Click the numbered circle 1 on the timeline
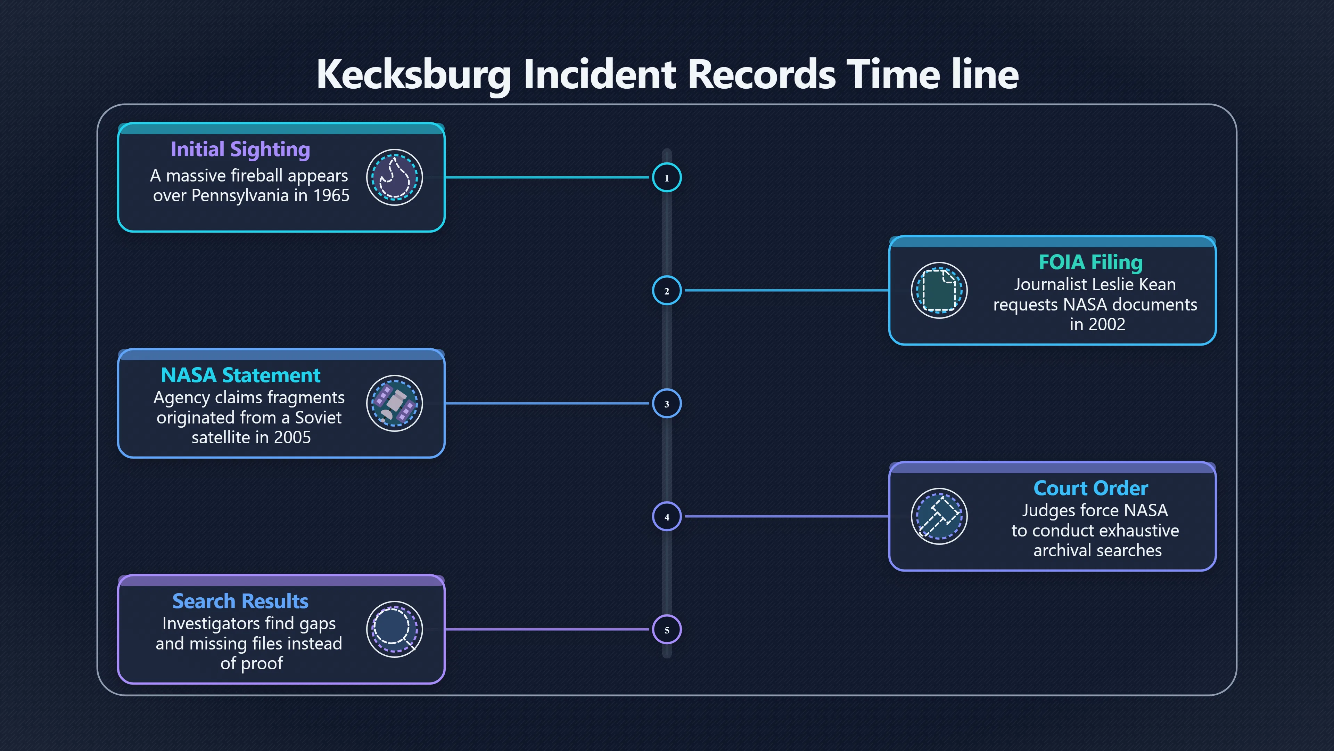click(667, 177)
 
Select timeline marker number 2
click(667, 290)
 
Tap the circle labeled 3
click(667, 403)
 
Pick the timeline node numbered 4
click(667, 516)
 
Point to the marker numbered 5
click(667, 629)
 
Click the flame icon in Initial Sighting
click(395, 177)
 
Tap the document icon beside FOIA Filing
click(939, 290)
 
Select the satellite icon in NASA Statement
click(395, 403)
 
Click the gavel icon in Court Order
click(939, 516)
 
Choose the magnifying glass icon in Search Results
click(395, 629)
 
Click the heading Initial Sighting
click(240, 149)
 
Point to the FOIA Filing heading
click(1090, 262)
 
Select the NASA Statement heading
click(240, 375)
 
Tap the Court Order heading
click(1090, 488)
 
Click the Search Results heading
click(240, 601)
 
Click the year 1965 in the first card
click(331, 195)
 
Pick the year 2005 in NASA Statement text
click(292, 437)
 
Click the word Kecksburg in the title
click(414, 74)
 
